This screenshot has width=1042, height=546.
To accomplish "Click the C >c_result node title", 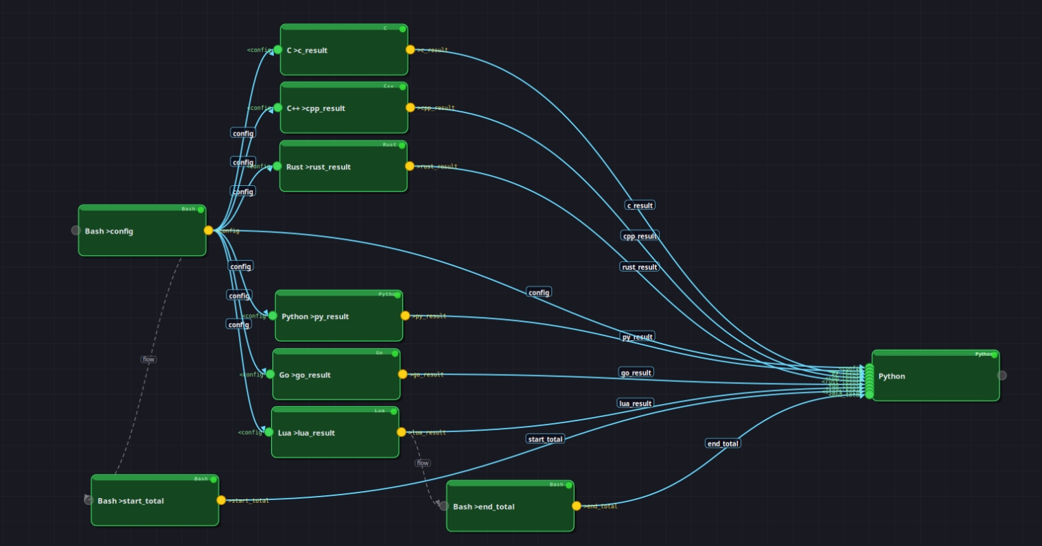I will point(307,51).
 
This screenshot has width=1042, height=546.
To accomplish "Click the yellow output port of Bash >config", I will point(209,230).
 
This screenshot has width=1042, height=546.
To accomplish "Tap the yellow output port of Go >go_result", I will point(403,374).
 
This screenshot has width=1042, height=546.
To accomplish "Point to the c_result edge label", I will point(640,205).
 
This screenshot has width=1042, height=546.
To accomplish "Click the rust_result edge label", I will point(639,267).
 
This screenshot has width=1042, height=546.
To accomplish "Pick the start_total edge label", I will point(545,439).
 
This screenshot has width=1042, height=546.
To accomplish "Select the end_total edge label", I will point(723,443).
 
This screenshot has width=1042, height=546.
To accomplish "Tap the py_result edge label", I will point(637,337).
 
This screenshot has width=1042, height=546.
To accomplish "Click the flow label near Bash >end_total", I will point(423,463).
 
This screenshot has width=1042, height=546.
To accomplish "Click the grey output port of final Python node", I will point(1002,375).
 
